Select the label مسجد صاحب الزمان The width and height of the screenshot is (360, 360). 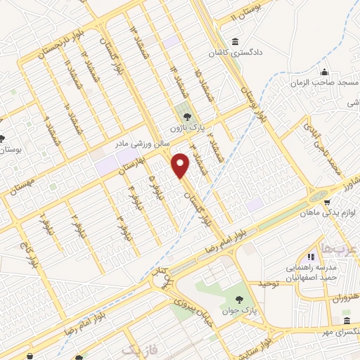click(x=325, y=82)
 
